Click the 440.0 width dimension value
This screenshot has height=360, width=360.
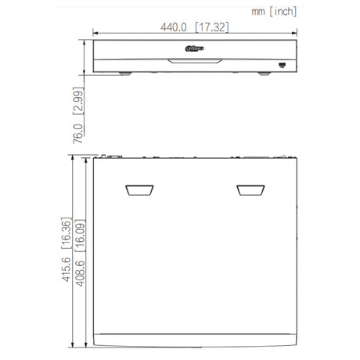click(x=174, y=27)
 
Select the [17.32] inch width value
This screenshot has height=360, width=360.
click(x=212, y=27)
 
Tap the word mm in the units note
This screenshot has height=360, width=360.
click(x=258, y=12)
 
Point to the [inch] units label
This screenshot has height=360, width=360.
click(x=283, y=12)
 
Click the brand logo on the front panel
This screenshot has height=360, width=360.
click(x=194, y=49)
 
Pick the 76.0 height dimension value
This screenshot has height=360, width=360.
click(x=78, y=134)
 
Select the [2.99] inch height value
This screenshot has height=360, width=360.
click(x=78, y=101)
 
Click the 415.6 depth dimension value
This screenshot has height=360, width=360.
click(x=66, y=269)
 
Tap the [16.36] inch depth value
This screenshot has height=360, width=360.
click(x=67, y=232)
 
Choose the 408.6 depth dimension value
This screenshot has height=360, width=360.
click(x=80, y=273)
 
